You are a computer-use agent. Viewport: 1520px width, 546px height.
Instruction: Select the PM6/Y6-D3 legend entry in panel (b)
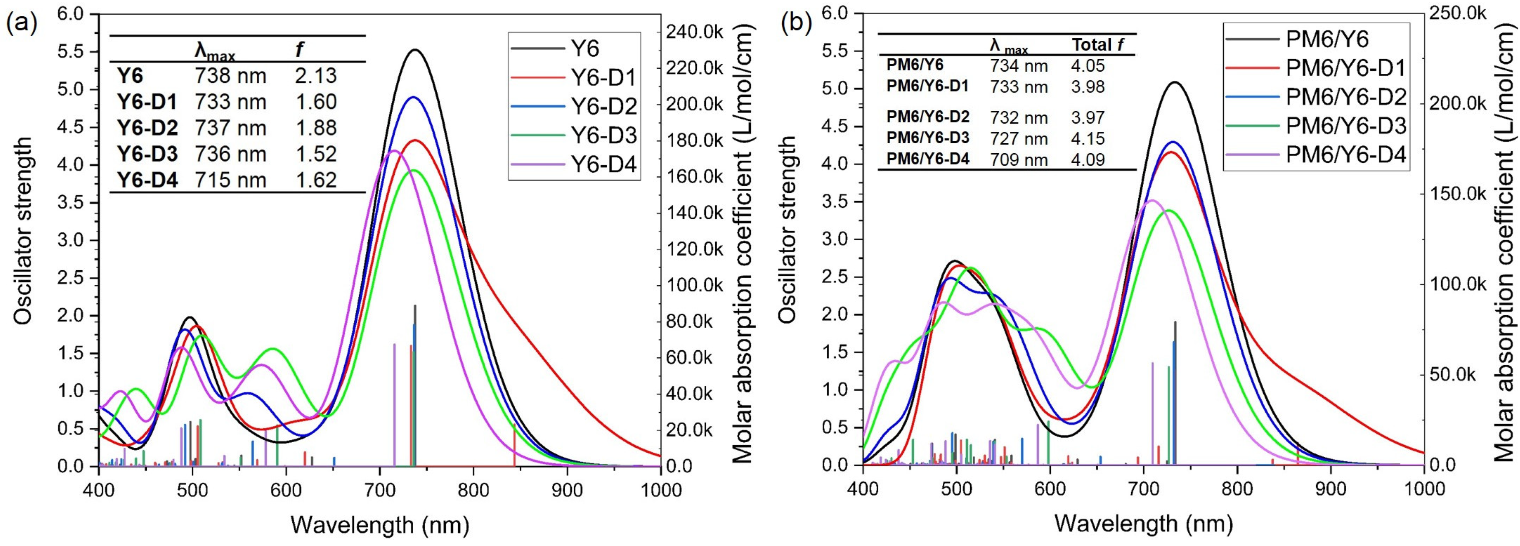tap(1315, 126)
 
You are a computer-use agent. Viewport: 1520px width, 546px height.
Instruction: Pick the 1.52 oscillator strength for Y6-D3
tap(316, 154)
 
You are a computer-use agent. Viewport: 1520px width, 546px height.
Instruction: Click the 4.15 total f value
tap(1087, 139)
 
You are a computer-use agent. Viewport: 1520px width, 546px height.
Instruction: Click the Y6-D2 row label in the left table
tap(148, 128)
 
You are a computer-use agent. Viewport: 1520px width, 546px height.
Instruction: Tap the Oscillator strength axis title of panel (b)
tap(787, 230)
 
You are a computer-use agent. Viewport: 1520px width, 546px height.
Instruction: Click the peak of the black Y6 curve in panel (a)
tap(416, 50)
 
